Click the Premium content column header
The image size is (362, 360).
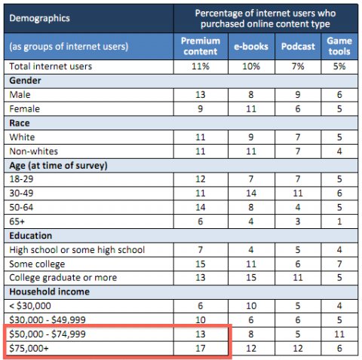(201, 46)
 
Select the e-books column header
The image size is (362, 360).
(251, 47)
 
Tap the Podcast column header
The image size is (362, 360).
(298, 47)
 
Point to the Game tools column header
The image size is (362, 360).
(339, 46)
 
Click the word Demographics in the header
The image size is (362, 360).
(39, 18)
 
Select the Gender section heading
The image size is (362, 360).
(25, 81)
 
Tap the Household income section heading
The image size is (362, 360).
(49, 291)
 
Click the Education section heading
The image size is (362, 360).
(31, 236)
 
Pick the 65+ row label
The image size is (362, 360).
(17, 221)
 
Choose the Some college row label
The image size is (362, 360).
(37, 264)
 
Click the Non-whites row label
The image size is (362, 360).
(33, 151)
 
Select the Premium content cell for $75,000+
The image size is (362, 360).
(201, 349)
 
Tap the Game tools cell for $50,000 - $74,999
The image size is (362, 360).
(339, 334)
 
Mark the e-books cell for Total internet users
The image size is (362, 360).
(251, 66)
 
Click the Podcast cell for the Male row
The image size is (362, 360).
(298, 95)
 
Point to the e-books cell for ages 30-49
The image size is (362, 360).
(251, 194)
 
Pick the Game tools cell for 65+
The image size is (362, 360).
(339, 221)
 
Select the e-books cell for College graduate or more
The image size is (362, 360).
(251, 278)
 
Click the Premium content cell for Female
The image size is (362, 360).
(201, 109)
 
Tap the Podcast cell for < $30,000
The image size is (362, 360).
(298, 306)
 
